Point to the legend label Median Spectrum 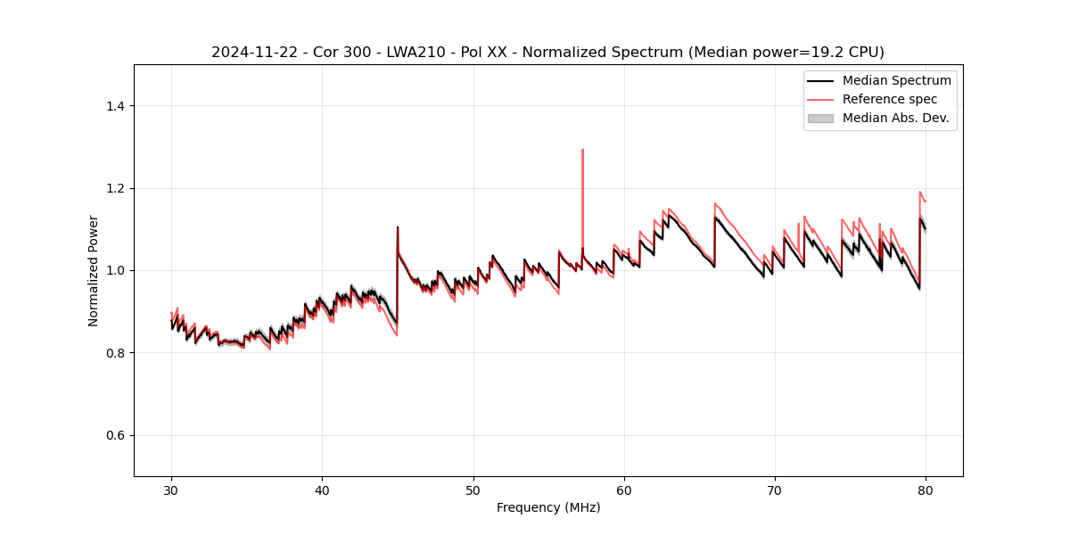click(896, 80)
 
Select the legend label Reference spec click(890, 99)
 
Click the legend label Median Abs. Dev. click(895, 118)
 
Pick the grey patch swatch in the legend click(820, 118)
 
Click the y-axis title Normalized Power click(94, 270)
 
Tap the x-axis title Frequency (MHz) click(548, 507)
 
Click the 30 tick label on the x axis click(171, 490)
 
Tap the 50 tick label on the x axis click(473, 490)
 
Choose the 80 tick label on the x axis click(926, 490)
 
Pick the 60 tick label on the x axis click(624, 490)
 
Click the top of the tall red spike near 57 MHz click(582, 150)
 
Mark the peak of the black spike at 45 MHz click(398, 227)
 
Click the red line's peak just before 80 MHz click(919, 192)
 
